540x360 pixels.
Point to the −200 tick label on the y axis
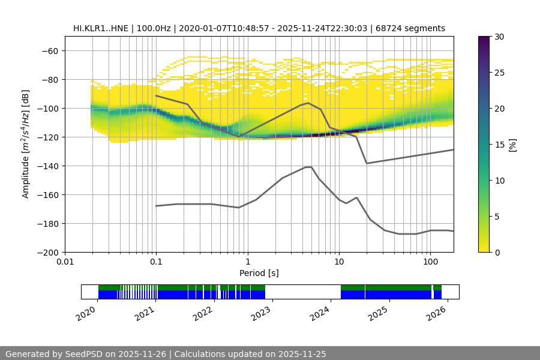48,252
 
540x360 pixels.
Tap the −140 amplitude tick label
48,166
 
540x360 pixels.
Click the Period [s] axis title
259,273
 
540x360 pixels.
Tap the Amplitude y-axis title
26,144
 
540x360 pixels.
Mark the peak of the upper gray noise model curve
308,103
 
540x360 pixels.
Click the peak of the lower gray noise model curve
308,167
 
